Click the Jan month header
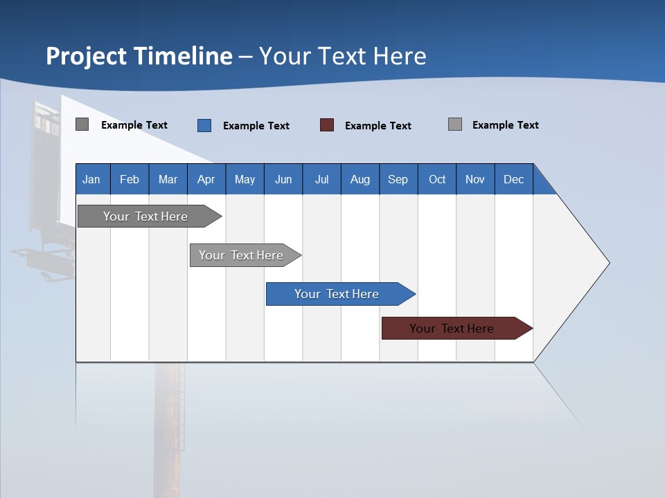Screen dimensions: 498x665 (x=91, y=179)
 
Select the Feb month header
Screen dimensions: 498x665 (x=130, y=179)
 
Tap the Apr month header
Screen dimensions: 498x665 (x=206, y=179)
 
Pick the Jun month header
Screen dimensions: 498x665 (x=283, y=179)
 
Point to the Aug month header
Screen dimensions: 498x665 (x=360, y=179)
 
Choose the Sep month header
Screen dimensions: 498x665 (x=398, y=179)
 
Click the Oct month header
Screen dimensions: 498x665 (x=437, y=179)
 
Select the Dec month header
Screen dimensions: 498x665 (x=513, y=179)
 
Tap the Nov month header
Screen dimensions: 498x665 (x=475, y=179)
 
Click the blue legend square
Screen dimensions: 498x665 (x=204, y=125)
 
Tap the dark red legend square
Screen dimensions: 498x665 (x=327, y=125)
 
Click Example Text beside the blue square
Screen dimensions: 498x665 (x=256, y=126)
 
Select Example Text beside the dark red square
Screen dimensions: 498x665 (x=378, y=126)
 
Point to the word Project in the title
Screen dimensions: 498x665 (x=86, y=56)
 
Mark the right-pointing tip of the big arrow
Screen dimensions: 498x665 (x=608, y=263)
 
